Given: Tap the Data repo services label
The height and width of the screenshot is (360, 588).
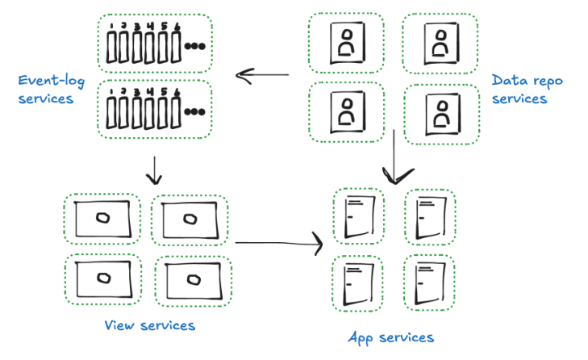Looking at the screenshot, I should tap(527, 90).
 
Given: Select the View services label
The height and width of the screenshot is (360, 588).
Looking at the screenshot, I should tap(149, 325).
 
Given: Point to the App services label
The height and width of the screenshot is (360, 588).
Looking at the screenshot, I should tap(391, 337).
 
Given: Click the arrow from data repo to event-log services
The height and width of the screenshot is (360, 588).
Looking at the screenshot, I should tap(262, 76).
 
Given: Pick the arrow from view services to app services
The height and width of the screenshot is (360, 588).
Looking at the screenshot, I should tap(278, 242).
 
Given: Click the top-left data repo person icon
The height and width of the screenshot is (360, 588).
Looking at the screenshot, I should tap(347, 43).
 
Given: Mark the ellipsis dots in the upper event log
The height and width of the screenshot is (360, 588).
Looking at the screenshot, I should tap(195, 46).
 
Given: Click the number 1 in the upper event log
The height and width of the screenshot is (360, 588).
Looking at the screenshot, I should tap(112, 27).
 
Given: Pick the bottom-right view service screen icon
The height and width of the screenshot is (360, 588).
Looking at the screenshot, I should tap(192, 280).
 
